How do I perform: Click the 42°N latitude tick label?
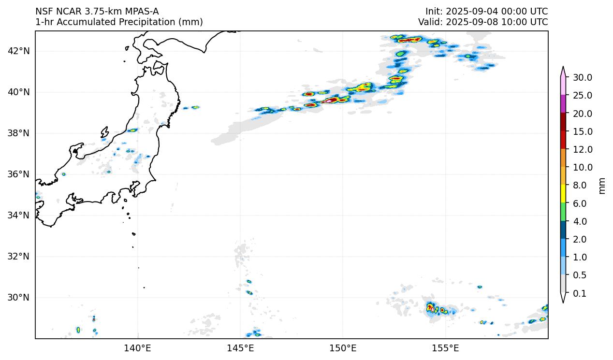19,51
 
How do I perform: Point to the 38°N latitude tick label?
19,133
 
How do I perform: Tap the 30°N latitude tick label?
19,297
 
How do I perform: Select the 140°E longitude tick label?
138,348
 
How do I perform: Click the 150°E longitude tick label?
343,348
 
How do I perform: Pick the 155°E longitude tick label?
445,348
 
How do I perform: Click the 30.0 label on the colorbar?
582,77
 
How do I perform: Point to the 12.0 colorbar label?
582,149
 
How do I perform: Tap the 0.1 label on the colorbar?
579,293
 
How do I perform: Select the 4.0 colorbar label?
579,221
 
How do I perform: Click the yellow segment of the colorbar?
563,194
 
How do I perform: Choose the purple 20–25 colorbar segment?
563,104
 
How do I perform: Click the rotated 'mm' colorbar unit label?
602,186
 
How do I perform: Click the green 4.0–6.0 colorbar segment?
563,212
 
